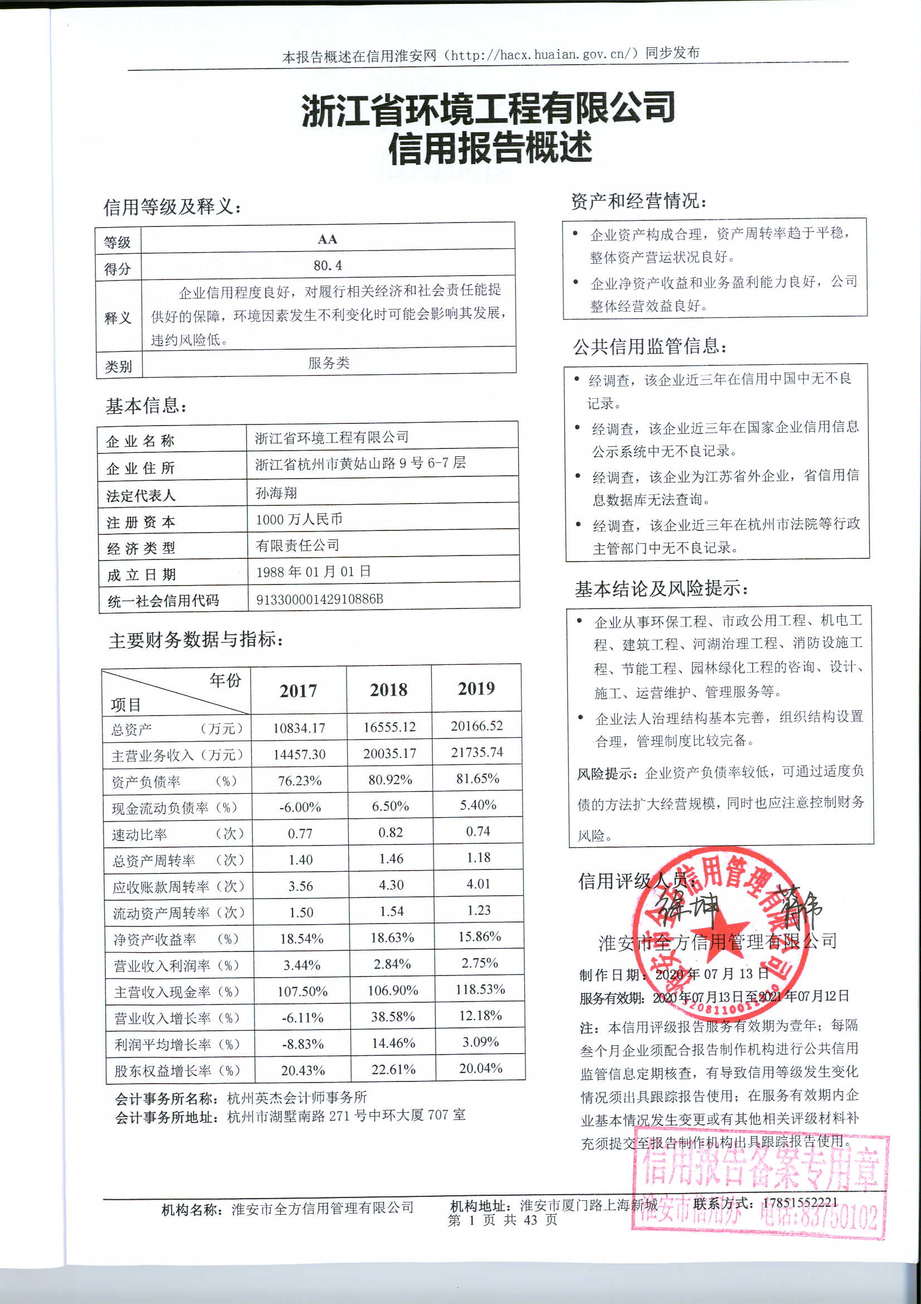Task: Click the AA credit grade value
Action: [x=328, y=239]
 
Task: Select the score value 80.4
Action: [x=328, y=265]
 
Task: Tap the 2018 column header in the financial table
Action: [x=389, y=690]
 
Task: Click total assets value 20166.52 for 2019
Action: [x=477, y=726]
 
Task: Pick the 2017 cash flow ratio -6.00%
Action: [x=300, y=807]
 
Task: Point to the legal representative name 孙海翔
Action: [x=276, y=492]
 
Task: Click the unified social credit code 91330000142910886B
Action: [x=319, y=599]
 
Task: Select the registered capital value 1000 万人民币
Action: [x=299, y=519]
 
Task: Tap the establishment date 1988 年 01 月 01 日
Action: [x=313, y=572]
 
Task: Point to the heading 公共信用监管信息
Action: [x=650, y=346]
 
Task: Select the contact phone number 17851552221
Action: [x=800, y=1202]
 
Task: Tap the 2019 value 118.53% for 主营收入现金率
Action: [x=480, y=989]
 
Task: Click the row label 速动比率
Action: [x=140, y=834]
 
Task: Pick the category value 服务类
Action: [x=329, y=363]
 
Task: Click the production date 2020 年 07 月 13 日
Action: [x=712, y=974]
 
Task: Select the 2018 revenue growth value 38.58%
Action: [x=393, y=1017]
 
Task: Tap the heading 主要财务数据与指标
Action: [x=196, y=640]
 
